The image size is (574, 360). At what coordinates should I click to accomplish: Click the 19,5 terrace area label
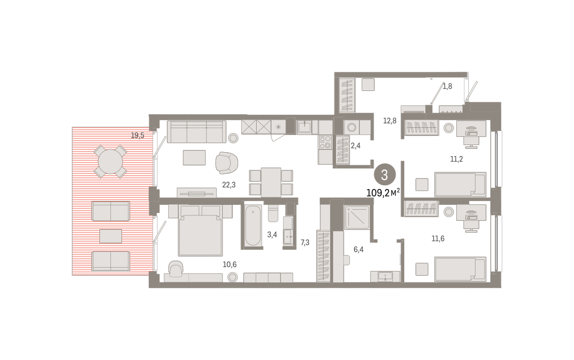click(x=138, y=135)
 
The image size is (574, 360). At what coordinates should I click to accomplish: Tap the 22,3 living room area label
click(x=229, y=185)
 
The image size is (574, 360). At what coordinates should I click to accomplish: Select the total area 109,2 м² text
click(x=383, y=193)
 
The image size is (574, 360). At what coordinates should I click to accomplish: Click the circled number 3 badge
click(x=385, y=175)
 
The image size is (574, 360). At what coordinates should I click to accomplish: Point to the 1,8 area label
click(x=447, y=87)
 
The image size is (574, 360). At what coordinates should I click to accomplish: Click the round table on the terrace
click(x=110, y=162)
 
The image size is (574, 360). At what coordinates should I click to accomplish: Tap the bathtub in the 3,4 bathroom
click(x=253, y=225)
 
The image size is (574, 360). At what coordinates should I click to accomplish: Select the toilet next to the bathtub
click(x=273, y=214)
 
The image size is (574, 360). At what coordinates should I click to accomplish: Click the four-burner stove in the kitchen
click(x=325, y=142)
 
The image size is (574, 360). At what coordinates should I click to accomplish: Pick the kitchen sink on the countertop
click(x=304, y=127)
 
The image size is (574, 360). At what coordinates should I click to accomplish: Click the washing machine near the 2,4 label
click(x=352, y=127)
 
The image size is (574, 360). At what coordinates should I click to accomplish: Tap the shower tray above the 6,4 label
click(x=357, y=217)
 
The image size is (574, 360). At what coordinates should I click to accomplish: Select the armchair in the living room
click(x=227, y=163)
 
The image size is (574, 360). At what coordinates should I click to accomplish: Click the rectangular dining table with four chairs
click(x=271, y=182)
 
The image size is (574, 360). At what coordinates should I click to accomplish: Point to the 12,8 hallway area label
click(x=390, y=121)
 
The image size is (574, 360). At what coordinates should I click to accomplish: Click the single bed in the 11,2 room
click(x=460, y=184)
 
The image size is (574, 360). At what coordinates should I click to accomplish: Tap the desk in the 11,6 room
click(x=471, y=213)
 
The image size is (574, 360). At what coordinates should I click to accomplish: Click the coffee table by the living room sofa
click(x=194, y=157)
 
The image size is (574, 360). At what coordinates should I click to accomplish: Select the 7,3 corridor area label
click(x=305, y=242)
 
